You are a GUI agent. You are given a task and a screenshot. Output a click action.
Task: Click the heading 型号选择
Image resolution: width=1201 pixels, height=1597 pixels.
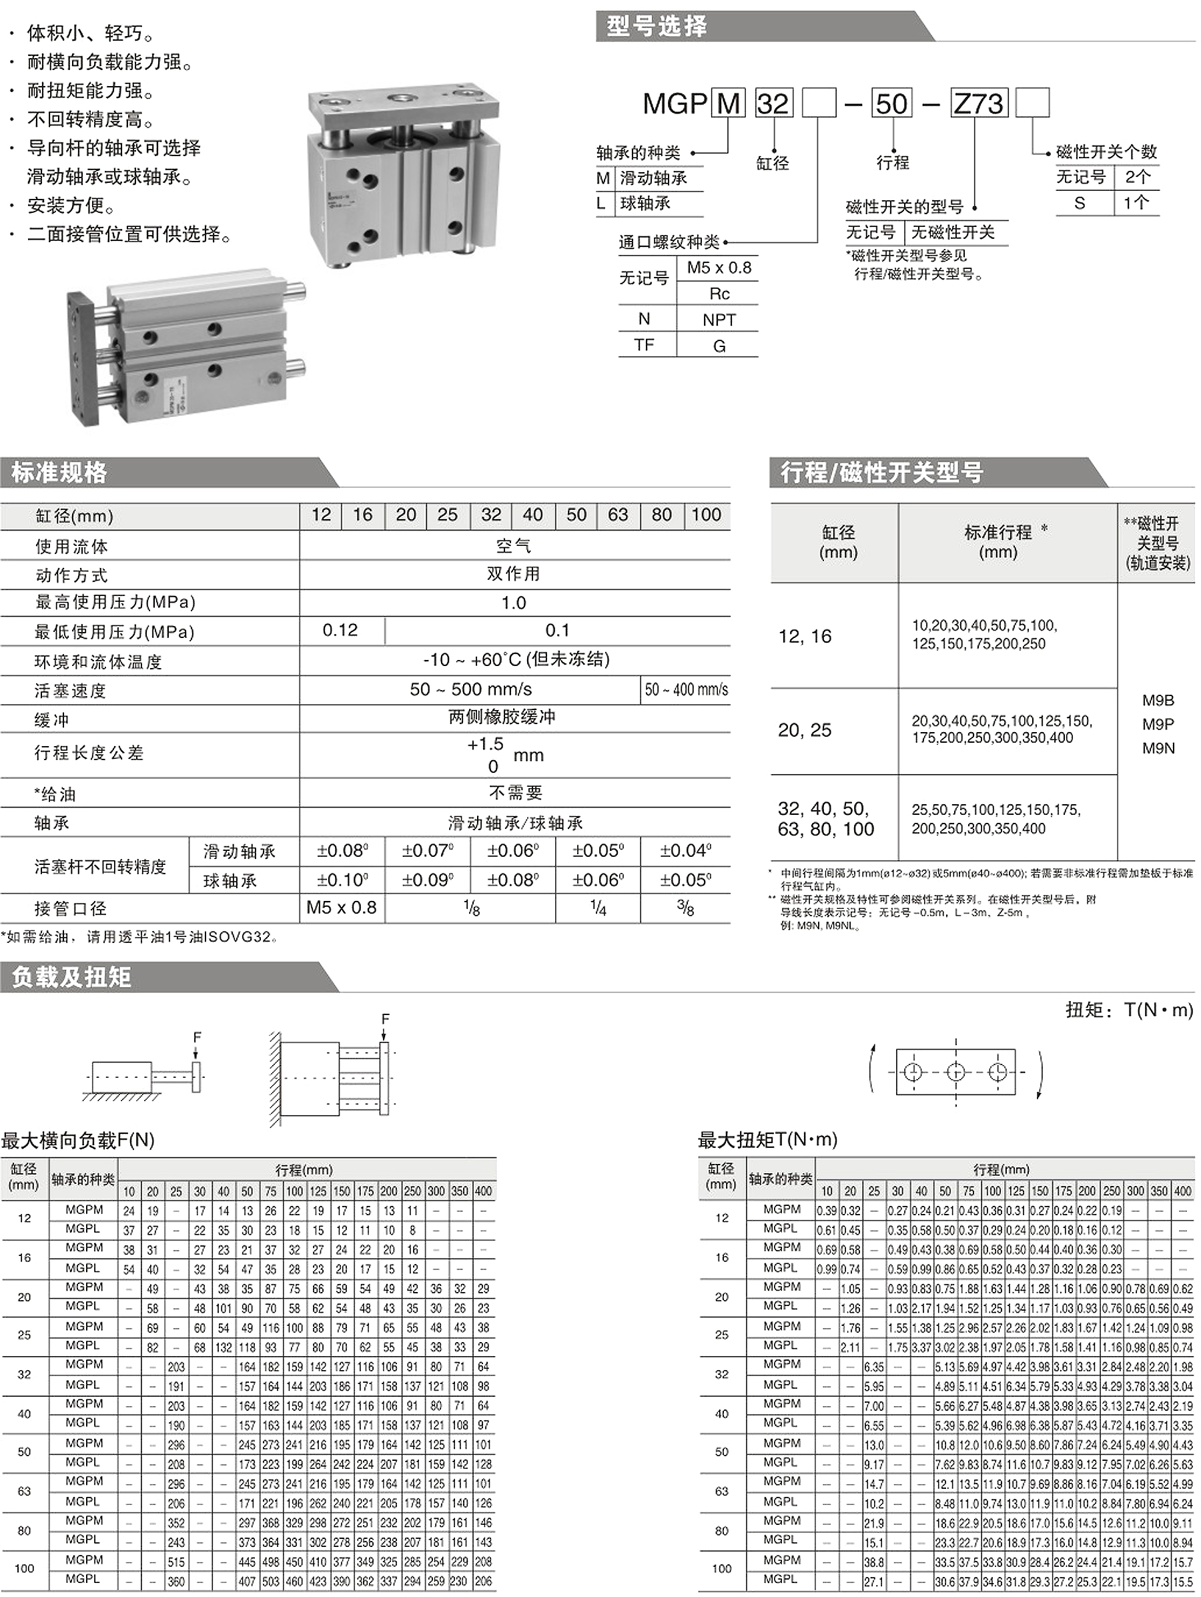656,27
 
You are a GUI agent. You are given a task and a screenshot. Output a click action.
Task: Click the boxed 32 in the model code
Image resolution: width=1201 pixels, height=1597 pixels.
773,103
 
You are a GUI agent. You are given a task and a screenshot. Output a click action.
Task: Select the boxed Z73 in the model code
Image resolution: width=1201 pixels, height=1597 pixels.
979,103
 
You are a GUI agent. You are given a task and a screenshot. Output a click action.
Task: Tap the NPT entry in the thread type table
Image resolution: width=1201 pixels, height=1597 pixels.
719,320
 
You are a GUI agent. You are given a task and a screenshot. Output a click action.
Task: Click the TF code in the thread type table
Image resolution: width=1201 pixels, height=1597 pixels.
645,345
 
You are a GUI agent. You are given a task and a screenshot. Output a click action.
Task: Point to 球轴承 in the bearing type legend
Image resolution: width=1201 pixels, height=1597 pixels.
645,204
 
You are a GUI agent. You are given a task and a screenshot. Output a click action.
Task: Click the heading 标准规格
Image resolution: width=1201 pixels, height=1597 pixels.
59,472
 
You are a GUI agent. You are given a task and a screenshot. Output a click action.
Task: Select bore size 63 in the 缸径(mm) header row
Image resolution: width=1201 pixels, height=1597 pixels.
618,515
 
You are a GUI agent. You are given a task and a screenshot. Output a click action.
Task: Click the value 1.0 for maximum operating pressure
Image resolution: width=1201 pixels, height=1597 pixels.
514,603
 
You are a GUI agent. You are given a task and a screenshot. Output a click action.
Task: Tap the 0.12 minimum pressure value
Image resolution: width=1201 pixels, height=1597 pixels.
340,630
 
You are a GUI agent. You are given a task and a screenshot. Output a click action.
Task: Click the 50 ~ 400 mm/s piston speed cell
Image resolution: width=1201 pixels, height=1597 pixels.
686,689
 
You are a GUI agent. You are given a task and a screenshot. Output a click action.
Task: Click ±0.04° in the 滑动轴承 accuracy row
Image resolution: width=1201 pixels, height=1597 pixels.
685,851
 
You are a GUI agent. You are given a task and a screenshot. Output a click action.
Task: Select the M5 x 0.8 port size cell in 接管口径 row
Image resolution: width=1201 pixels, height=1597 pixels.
342,908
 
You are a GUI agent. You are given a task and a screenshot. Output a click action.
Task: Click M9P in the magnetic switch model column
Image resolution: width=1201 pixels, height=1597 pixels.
1158,724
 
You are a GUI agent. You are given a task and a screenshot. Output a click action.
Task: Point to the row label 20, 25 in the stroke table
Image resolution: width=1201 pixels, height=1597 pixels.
805,731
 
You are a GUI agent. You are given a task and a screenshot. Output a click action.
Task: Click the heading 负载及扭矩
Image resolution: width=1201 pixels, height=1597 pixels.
71,977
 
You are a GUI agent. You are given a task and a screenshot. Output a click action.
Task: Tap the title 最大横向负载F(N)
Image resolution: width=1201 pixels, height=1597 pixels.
78,1140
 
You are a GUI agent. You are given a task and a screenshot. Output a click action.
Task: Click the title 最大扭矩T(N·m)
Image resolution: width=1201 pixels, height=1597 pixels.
767,1139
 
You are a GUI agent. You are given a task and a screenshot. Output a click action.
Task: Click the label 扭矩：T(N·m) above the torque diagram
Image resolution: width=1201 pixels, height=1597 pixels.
1129,1010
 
